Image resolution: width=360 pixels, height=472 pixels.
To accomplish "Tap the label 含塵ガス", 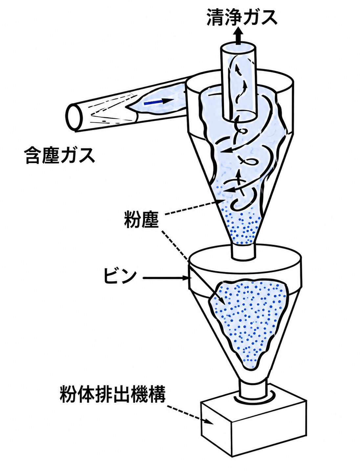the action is pos(59,155).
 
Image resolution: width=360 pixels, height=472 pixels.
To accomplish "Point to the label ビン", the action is pos(120,276).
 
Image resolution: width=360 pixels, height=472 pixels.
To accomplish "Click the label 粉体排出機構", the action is pos(113,394).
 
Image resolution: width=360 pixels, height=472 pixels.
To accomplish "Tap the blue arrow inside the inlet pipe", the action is pos(159,102).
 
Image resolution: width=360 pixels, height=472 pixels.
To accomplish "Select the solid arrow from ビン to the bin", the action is pos(165,278).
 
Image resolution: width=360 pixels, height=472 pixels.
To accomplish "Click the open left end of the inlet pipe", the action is pos(74,118).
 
